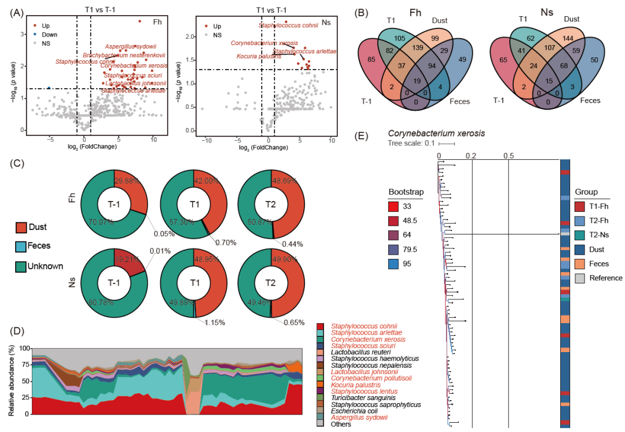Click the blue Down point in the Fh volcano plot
click(x=49, y=88)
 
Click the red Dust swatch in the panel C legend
click(x=21, y=228)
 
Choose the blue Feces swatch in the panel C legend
click(x=21, y=246)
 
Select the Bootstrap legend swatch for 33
click(x=395, y=206)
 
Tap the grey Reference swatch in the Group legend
click(x=581, y=278)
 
